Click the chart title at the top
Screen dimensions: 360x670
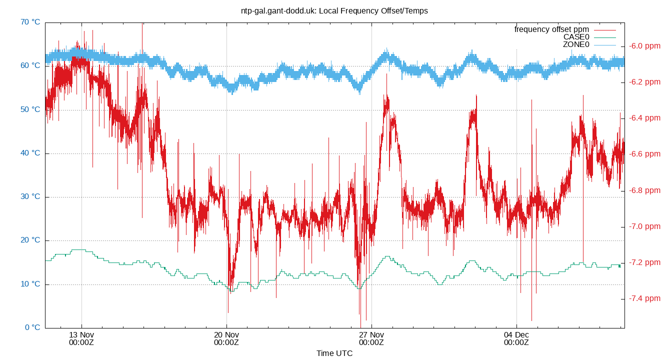pyautogui.click(x=334, y=10)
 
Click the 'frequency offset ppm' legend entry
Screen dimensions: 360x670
pyautogui.click(x=551, y=29)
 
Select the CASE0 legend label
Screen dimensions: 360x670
pyautogui.click(x=576, y=37)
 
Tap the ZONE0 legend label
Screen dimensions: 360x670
pyautogui.click(x=576, y=44)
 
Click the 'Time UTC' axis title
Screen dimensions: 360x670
pyautogui.click(x=334, y=353)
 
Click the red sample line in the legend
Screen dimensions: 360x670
pyautogui.click(x=604, y=30)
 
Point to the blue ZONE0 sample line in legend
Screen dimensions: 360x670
pyautogui.click(x=604, y=45)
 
